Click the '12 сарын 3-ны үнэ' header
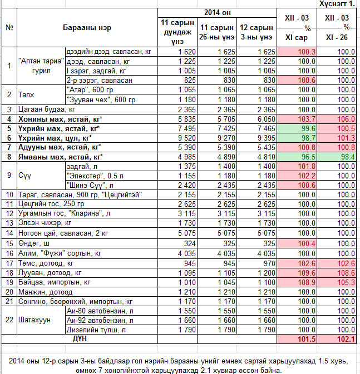coord(257,32)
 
